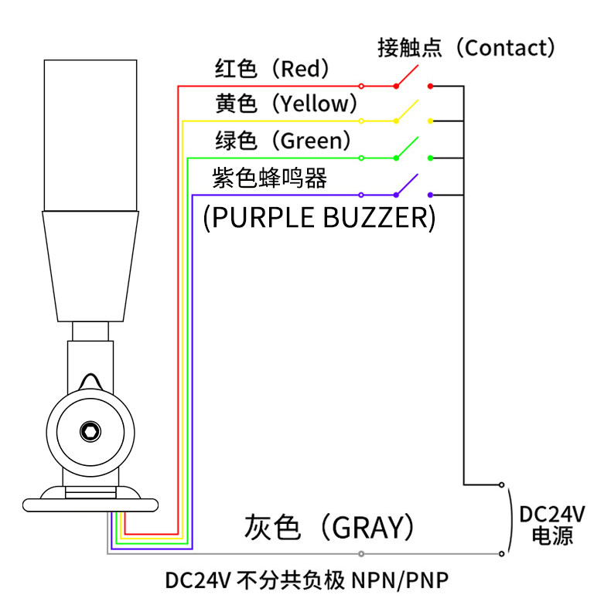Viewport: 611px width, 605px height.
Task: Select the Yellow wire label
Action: click(287, 104)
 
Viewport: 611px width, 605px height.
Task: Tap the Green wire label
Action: click(283, 141)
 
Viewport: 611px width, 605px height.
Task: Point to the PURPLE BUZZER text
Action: click(319, 217)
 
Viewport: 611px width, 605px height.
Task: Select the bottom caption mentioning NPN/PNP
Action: click(307, 580)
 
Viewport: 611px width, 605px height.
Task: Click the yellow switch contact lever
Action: click(407, 111)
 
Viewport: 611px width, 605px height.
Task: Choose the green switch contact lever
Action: click(407, 148)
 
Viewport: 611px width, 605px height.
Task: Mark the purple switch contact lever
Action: click(407, 185)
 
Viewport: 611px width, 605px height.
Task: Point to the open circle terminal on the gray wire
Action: click(361, 553)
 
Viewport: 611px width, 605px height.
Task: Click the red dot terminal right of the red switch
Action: click(430, 85)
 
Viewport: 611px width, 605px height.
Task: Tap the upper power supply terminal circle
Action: click(502, 485)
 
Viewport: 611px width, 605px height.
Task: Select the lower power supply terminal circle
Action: click(502, 553)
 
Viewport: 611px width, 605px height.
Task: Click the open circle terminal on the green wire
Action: click(361, 158)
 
